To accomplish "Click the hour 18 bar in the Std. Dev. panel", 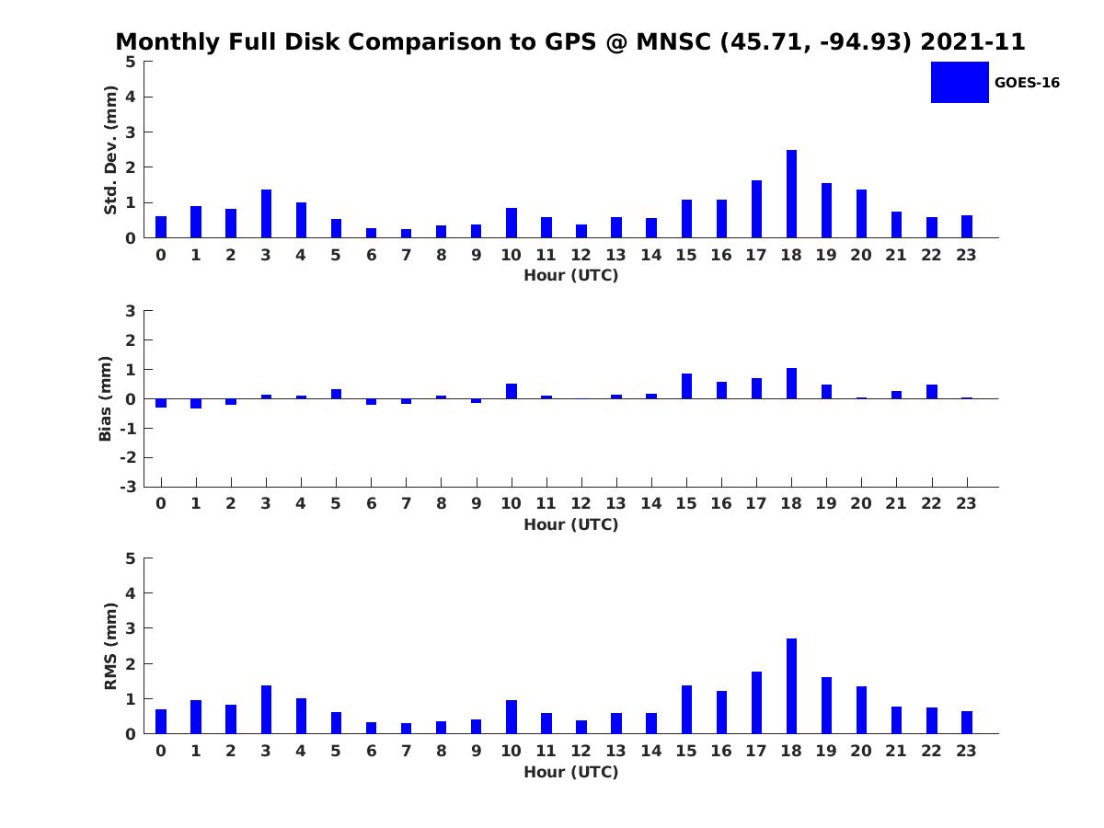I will click(791, 194).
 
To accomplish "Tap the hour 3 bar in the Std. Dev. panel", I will click(266, 213).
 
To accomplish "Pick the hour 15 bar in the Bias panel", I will click(686, 386).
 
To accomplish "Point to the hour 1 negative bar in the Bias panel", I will click(196, 403).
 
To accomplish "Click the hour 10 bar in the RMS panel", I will click(512, 717).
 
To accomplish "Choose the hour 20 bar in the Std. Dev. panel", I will click(861, 213).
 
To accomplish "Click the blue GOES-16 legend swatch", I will click(960, 82).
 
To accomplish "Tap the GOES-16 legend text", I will click(1027, 83).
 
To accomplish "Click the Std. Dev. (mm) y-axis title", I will click(110, 150).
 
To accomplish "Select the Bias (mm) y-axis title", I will click(106, 398).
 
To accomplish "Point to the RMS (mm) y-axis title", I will click(110, 646).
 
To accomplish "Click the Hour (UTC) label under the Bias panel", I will click(570, 524).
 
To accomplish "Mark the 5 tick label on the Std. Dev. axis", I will click(132, 62).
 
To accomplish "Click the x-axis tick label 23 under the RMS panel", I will click(966, 750).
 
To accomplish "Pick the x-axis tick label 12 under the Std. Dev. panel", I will click(581, 255).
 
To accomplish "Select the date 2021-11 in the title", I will click(972, 42).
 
